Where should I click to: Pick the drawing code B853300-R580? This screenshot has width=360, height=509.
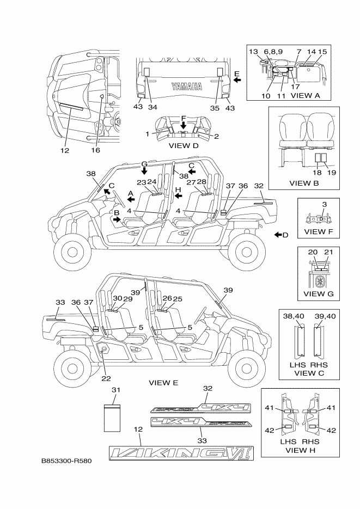point(66,461)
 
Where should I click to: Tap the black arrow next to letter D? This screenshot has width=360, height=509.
point(278,235)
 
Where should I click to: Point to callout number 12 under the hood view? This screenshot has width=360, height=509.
point(65,151)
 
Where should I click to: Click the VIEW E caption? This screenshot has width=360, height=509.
point(163,383)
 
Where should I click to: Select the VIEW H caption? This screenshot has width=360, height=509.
point(304,450)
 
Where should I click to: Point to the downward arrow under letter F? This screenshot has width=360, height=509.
point(183,125)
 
